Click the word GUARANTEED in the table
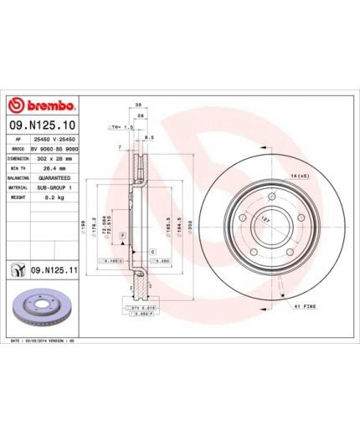coord(54,178)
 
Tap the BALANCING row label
coord(18,178)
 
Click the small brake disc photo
coord(41,310)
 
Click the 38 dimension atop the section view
coord(137,105)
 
